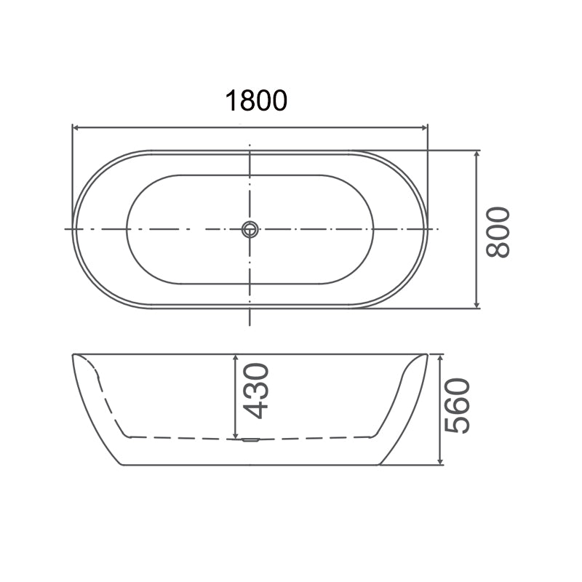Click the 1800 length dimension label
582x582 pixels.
click(256, 100)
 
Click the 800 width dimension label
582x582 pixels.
click(499, 231)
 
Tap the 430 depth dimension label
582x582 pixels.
click(256, 391)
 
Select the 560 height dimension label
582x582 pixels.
click(458, 406)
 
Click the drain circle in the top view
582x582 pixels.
click(250, 229)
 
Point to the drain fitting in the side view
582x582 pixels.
click(249, 439)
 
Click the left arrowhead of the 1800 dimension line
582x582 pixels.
click(76, 128)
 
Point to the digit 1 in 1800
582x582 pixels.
click(231, 100)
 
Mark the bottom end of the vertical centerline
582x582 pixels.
click(250, 324)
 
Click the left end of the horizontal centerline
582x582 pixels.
click(65, 229)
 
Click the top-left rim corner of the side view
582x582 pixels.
click(73, 355)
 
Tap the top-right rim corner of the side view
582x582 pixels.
click(426, 355)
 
